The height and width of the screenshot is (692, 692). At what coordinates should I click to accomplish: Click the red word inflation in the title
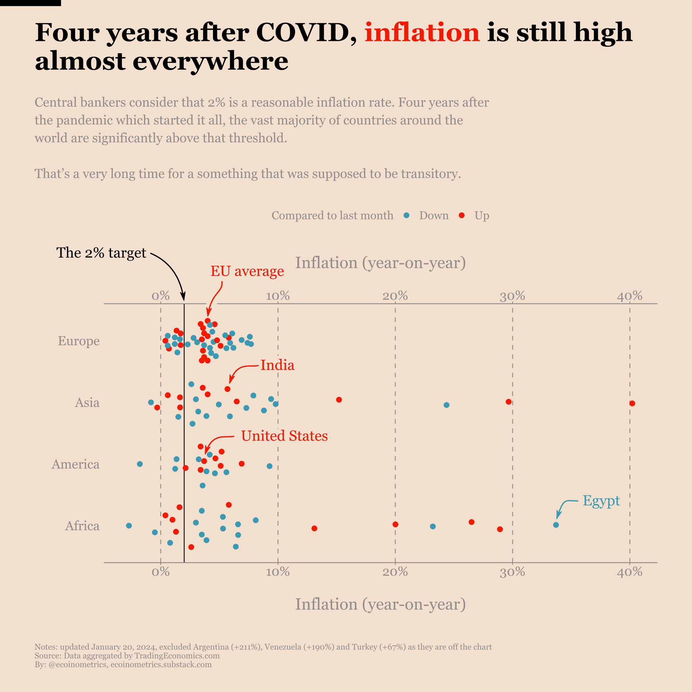(x=421, y=33)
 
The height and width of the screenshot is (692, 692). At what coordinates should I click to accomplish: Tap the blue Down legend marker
(x=406, y=215)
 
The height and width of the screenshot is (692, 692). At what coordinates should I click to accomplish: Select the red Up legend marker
(x=462, y=215)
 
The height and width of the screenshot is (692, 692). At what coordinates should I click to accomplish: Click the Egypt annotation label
(x=601, y=500)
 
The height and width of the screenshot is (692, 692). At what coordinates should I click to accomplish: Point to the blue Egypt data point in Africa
(x=556, y=525)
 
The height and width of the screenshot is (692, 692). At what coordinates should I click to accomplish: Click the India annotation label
(x=277, y=365)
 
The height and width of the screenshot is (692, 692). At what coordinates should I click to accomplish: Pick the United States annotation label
(x=284, y=436)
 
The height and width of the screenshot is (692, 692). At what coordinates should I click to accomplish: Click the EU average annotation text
(x=247, y=271)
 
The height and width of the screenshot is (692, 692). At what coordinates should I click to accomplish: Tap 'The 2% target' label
(x=101, y=253)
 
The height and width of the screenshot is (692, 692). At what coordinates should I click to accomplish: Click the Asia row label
(x=87, y=403)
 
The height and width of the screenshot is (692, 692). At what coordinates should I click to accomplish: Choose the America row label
(x=75, y=464)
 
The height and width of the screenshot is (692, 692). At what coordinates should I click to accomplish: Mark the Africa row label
(x=82, y=526)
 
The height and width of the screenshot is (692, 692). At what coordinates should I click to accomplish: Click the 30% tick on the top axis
(x=512, y=296)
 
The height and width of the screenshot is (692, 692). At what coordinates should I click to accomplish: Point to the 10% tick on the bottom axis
(x=277, y=572)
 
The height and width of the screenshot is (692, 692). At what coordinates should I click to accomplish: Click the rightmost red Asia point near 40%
(x=632, y=403)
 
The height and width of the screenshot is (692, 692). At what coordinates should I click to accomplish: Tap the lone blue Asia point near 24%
(x=446, y=405)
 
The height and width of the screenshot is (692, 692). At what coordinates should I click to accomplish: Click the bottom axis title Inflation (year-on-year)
(x=380, y=604)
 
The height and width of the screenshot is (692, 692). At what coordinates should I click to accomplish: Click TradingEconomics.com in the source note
(x=177, y=656)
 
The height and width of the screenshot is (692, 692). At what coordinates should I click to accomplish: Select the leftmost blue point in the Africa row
(x=129, y=526)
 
